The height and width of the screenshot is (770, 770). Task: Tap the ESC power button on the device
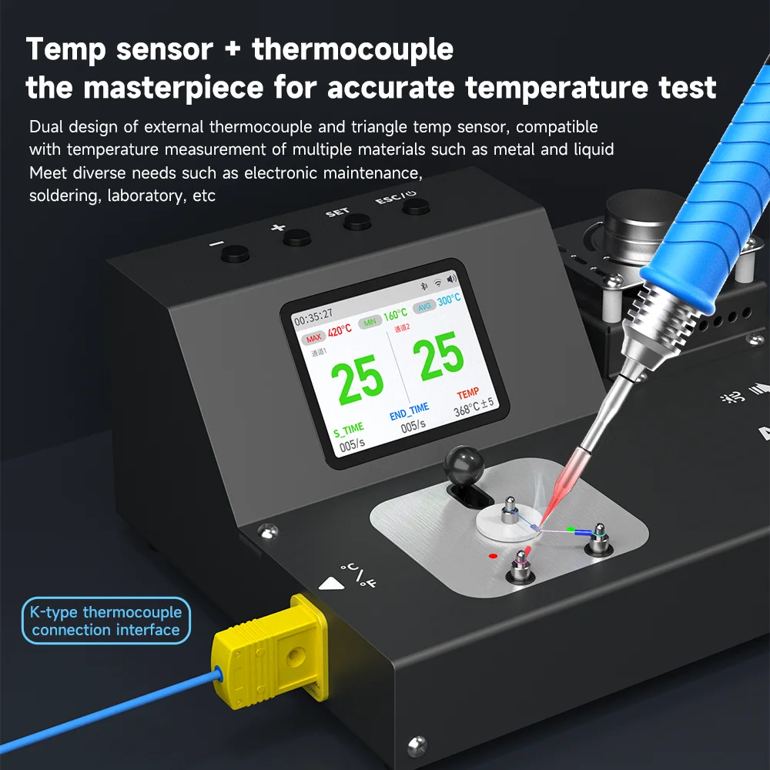[415, 206]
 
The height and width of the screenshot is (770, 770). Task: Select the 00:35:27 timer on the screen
[313, 314]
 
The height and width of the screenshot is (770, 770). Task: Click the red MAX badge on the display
[314, 338]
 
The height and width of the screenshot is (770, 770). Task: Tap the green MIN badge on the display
[370, 322]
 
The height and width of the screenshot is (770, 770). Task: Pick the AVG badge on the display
[423, 307]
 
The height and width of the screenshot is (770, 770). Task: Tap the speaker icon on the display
[451, 279]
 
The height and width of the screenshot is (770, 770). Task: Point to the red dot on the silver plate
[493, 554]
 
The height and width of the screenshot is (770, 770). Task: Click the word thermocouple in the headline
[353, 49]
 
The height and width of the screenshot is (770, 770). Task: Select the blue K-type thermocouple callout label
[106, 621]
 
